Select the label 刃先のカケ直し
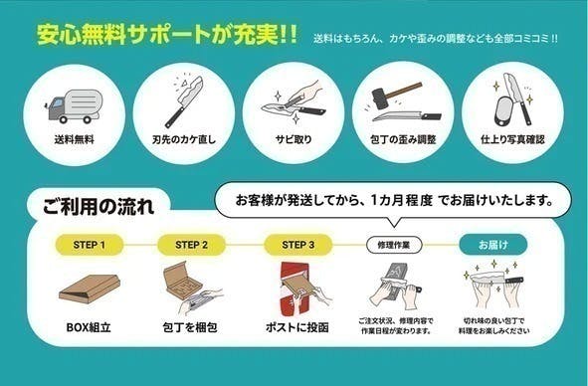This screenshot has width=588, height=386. [184, 139]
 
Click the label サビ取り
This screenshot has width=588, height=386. [295, 139]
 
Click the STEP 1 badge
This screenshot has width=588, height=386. [85, 244]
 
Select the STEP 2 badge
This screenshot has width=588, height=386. [191, 244]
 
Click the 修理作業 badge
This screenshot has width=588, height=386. [394, 244]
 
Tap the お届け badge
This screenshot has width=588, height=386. [491, 244]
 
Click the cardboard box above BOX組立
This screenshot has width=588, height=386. [88, 288]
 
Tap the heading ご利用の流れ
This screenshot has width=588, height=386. [98, 207]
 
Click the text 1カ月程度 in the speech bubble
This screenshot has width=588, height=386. [399, 200]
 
